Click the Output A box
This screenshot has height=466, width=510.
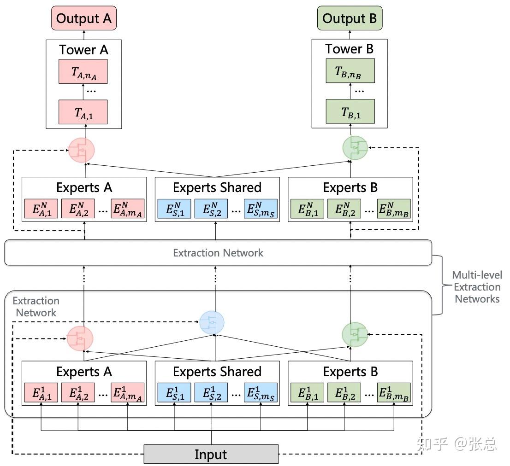[83, 18]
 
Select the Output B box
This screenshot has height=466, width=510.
[350, 18]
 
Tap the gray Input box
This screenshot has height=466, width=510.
[211, 454]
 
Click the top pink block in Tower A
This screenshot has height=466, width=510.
[83, 71]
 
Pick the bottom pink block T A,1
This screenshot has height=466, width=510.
[83, 112]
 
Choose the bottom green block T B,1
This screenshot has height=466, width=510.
[350, 112]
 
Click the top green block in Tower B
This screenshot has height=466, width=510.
[350, 71]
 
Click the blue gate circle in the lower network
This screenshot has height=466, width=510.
[212, 322]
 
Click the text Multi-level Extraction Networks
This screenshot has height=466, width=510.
[476, 287]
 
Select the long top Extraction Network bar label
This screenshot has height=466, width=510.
[218, 253]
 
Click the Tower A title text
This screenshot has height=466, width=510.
[83, 50]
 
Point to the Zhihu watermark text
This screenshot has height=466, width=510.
[456, 444]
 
